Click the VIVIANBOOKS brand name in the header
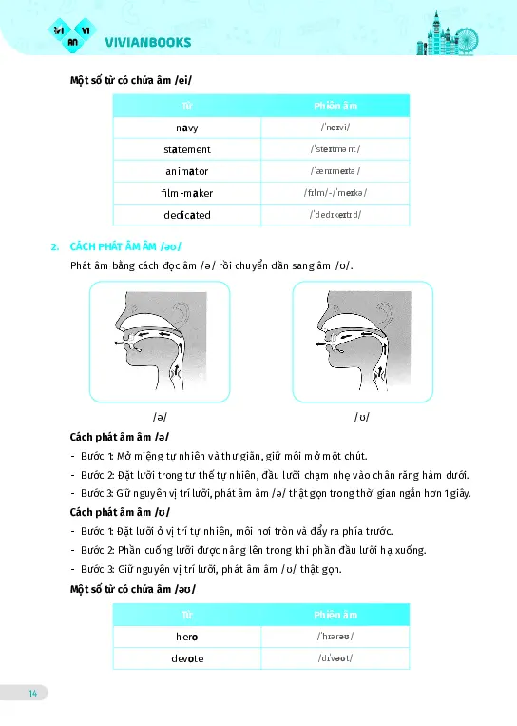point(147,42)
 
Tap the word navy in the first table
point(187,128)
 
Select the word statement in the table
point(187,149)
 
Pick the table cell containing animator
point(187,171)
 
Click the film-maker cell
point(187,193)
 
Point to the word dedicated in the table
point(187,215)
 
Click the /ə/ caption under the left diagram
point(160,417)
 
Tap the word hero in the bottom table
point(187,636)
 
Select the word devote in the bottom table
point(187,657)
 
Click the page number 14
point(32,692)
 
